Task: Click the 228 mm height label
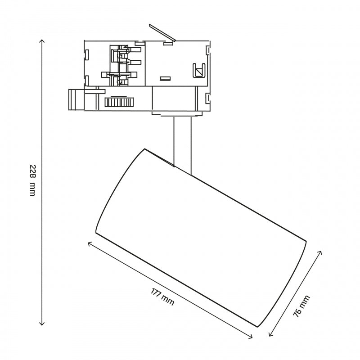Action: tap(31, 180)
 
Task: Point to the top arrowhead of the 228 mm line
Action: tap(42, 40)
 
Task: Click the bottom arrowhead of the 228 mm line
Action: tap(42, 324)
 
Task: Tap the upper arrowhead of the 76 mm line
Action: tap(321, 252)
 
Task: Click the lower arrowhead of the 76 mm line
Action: tap(270, 336)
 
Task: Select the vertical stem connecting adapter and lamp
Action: tap(182, 142)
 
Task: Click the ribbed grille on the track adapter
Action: tap(119, 103)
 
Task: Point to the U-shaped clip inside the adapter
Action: tap(198, 70)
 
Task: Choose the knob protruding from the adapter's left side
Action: tap(75, 99)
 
